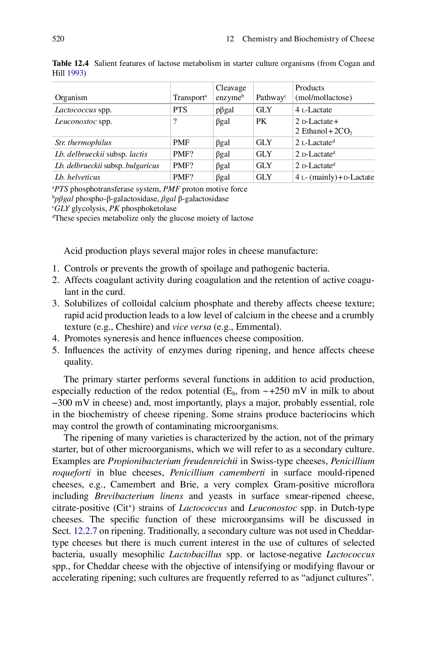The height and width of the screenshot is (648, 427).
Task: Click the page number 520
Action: (x=58, y=39)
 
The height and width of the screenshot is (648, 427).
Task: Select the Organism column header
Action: (x=71, y=98)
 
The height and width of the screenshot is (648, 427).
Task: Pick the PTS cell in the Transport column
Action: (x=180, y=110)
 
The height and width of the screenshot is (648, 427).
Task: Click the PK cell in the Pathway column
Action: (x=261, y=121)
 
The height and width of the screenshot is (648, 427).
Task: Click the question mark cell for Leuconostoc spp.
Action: (x=175, y=121)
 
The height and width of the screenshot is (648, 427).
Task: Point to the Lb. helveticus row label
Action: (x=77, y=177)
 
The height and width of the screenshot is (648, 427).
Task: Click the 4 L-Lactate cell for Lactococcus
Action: (x=313, y=110)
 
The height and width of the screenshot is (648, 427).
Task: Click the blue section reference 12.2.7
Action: (x=85, y=531)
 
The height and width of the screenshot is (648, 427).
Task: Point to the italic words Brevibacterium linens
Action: (x=139, y=496)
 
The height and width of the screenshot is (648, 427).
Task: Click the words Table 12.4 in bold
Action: (x=71, y=63)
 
